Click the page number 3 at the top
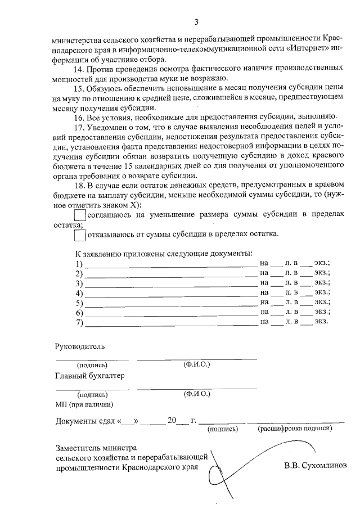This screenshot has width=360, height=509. point(196,22)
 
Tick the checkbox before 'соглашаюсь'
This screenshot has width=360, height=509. point(80,214)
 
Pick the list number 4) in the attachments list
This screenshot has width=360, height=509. point(79,293)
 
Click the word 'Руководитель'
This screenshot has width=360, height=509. point(79,346)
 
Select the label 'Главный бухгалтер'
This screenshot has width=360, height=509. point(90,376)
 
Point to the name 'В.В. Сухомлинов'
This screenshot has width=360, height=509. point(316,466)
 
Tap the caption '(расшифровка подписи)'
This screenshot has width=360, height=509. point(295,429)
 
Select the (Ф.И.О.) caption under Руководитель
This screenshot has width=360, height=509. point(197,364)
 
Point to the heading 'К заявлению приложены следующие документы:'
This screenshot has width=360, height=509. point(164,254)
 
